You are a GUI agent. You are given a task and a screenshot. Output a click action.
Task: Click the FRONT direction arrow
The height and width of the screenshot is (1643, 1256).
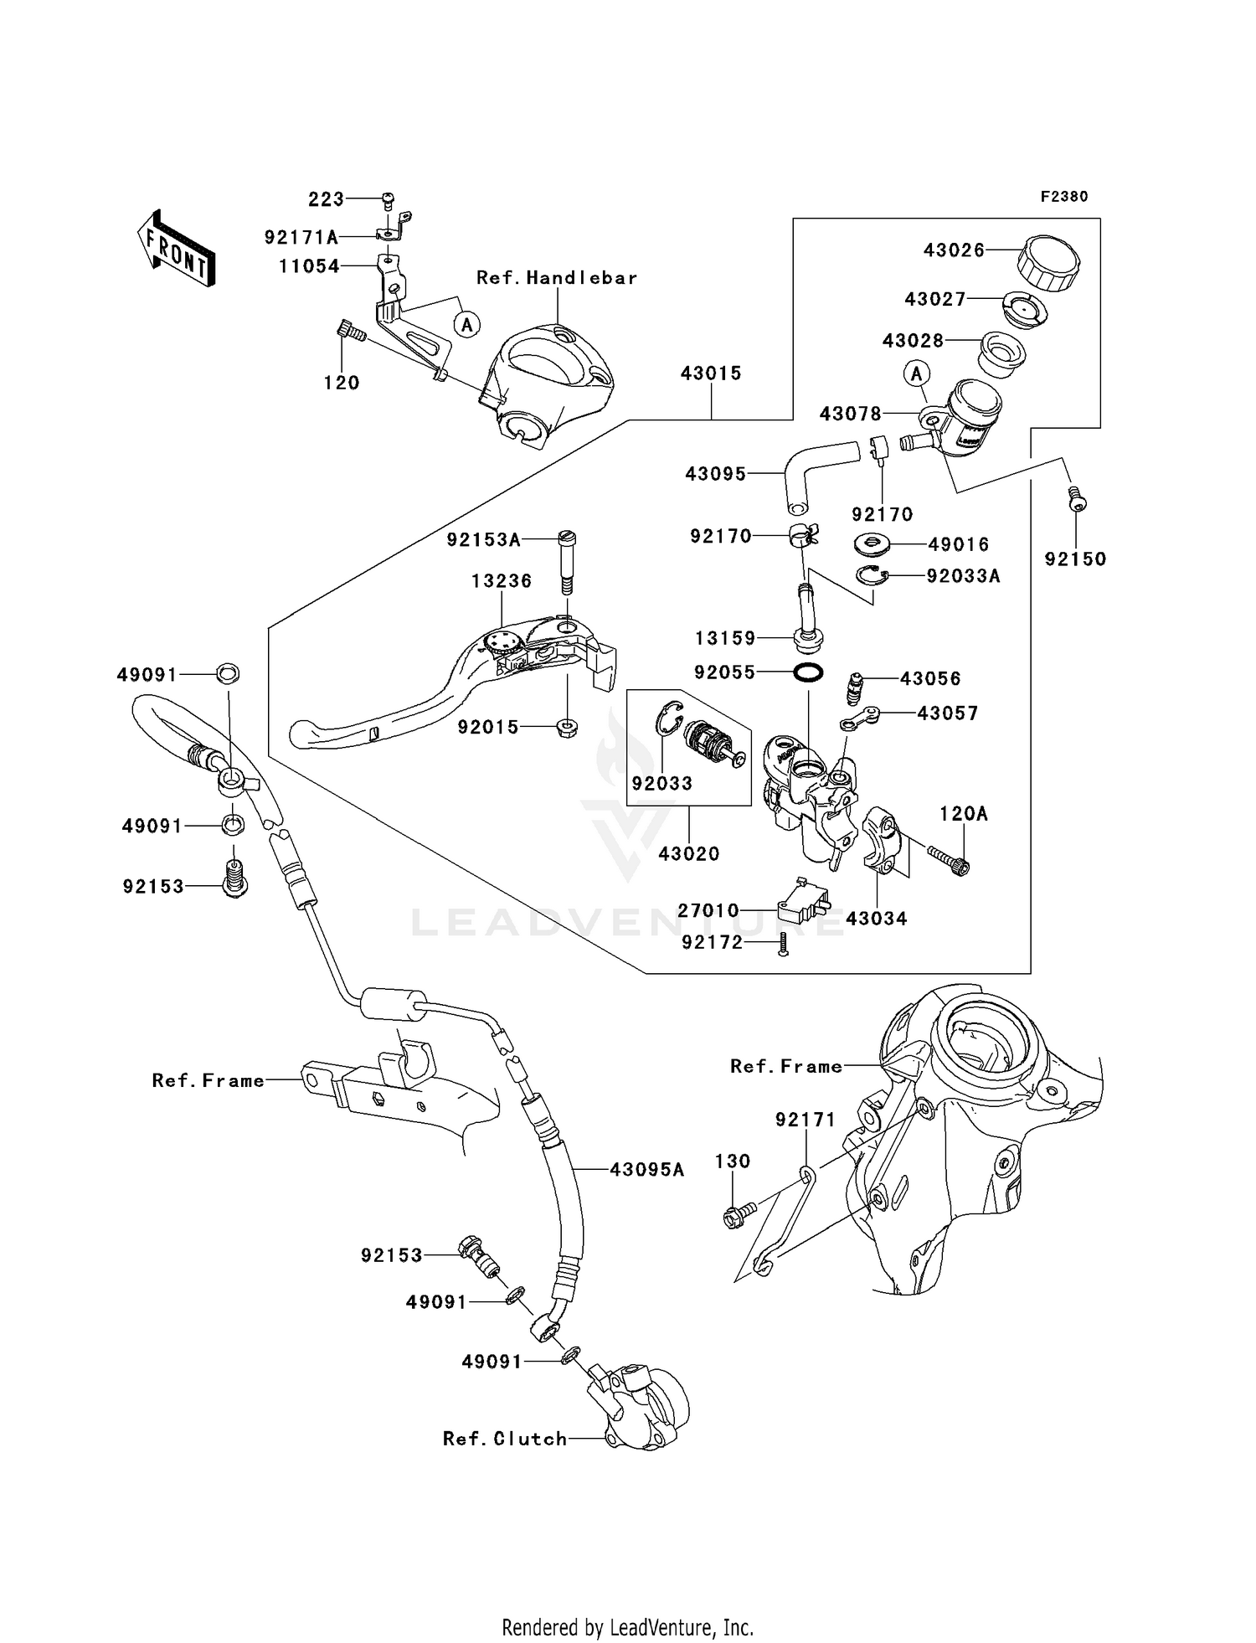click(x=177, y=249)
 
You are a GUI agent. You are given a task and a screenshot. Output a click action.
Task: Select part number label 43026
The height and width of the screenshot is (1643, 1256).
click(x=954, y=250)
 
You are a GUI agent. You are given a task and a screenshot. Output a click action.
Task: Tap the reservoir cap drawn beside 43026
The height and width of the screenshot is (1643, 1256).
click(x=1048, y=262)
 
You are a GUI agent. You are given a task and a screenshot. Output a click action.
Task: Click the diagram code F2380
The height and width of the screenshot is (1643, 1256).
click(x=1063, y=197)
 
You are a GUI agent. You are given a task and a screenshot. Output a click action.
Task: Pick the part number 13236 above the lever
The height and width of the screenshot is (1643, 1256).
click(x=501, y=580)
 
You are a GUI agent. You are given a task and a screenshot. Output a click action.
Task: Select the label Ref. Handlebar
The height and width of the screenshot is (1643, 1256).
click(x=557, y=277)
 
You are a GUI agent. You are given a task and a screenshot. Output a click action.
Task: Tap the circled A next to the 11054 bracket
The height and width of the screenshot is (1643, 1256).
click(x=467, y=323)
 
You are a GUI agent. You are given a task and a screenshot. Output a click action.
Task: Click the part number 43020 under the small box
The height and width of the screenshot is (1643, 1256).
click(x=688, y=853)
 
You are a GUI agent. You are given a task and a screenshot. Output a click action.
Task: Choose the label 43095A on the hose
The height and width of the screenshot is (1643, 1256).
click(x=646, y=1169)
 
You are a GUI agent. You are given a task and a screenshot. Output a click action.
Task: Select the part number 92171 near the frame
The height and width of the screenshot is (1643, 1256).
click(x=806, y=1119)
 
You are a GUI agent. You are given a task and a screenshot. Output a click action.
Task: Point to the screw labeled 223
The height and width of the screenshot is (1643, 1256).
click(x=388, y=200)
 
